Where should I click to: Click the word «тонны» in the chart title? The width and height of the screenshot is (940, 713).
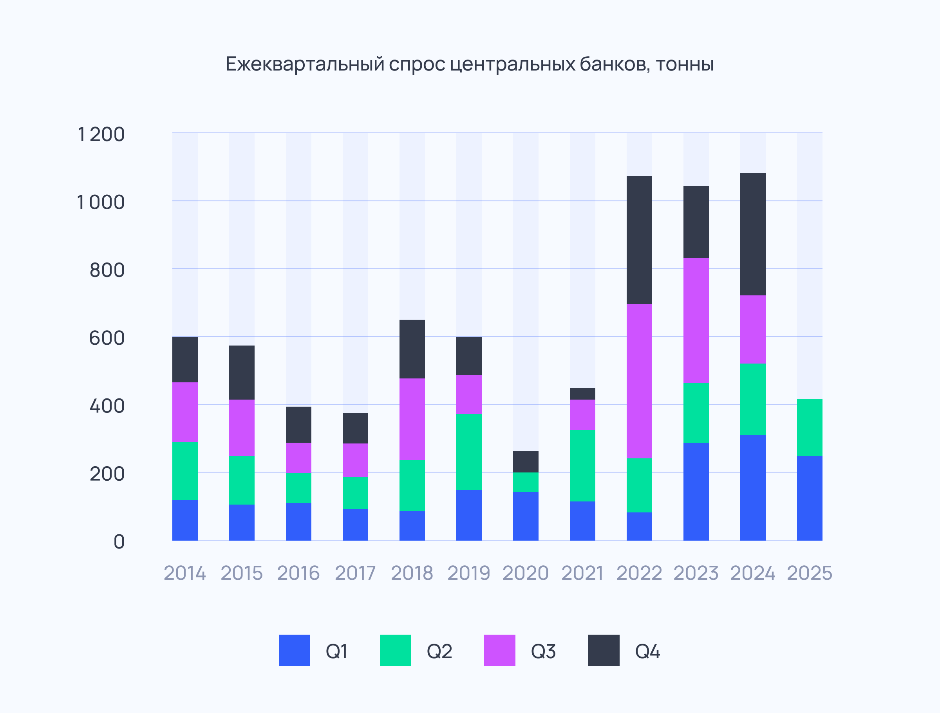[x=685, y=65]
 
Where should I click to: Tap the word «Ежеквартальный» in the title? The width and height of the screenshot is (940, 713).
[x=305, y=65]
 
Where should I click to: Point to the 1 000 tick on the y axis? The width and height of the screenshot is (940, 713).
[x=101, y=203]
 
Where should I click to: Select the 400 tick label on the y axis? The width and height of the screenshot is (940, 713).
[x=107, y=406]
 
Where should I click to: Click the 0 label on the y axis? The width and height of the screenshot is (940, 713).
[x=119, y=542]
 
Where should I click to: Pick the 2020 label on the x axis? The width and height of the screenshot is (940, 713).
[x=526, y=573]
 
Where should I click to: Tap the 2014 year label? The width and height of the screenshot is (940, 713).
[x=185, y=573]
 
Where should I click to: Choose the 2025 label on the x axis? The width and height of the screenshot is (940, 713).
[x=810, y=573]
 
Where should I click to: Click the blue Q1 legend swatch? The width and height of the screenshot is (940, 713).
[x=294, y=650]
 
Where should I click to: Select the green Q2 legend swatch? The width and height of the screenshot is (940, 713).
[x=395, y=650]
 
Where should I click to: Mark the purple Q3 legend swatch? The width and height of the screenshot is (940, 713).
[x=499, y=650]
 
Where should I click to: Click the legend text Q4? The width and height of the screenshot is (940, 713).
[x=647, y=651]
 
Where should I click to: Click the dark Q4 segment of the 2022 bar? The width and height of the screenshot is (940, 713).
[x=639, y=240]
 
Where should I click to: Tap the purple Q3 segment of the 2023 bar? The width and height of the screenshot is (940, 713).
[x=696, y=320]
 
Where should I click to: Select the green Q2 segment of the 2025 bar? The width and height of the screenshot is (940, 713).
[x=810, y=427]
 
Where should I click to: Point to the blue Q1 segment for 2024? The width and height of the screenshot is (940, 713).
[x=753, y=488]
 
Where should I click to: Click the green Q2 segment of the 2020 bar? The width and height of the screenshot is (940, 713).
[x=526, y=482]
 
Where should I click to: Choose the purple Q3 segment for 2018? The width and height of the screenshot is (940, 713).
[x=412, y=419]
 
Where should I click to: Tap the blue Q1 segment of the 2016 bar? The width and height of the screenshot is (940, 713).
[x=298, y=522]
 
